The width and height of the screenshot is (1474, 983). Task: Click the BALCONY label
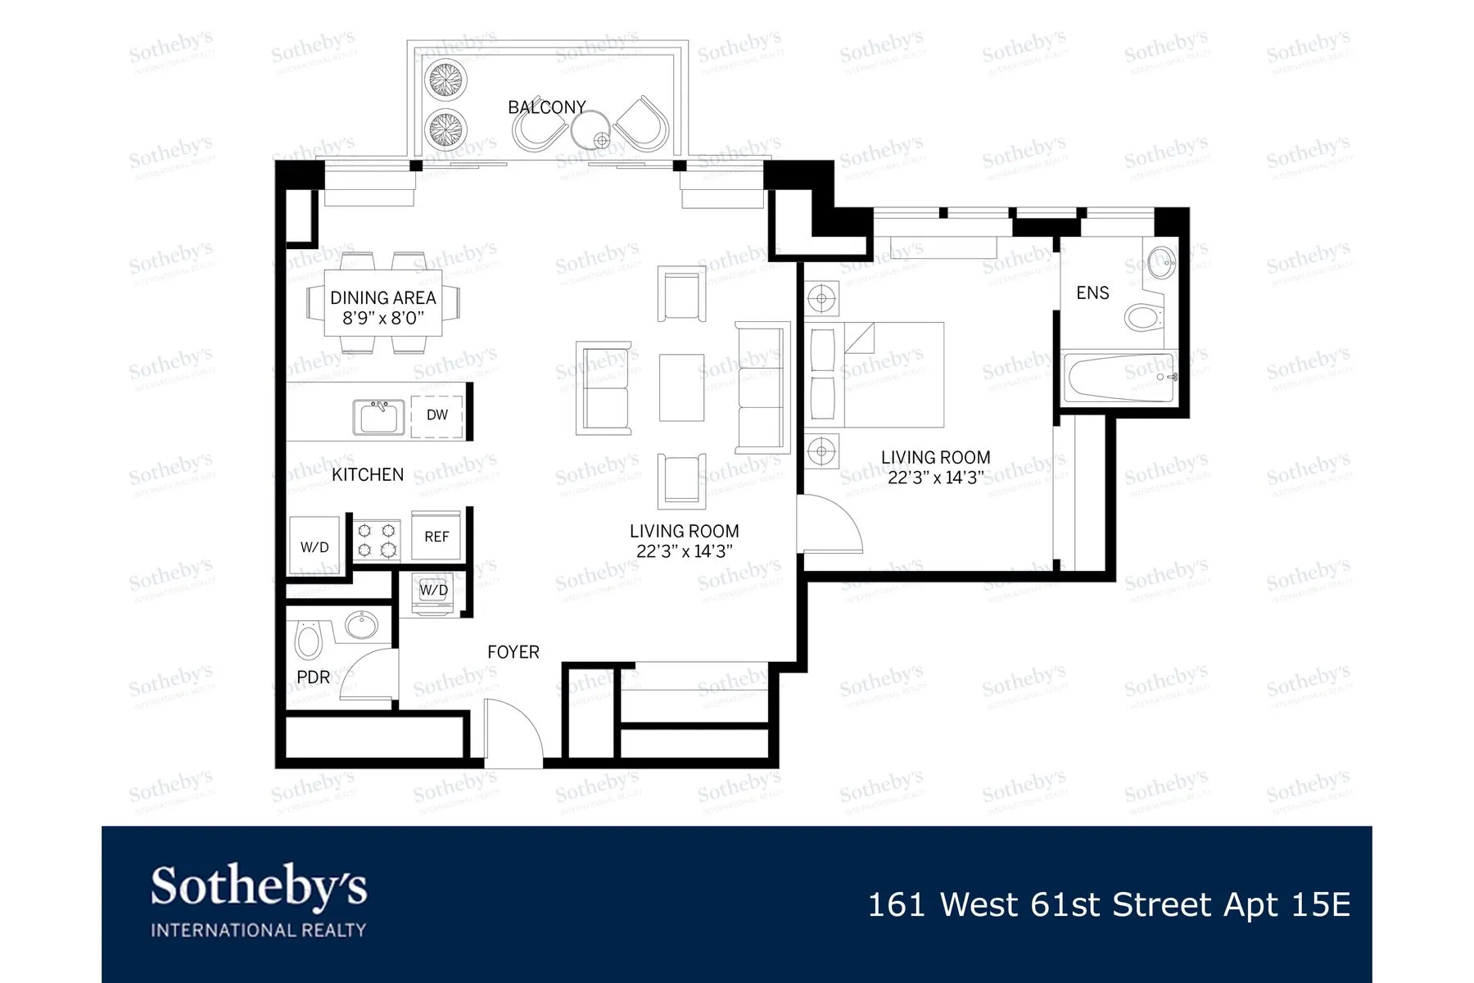[546, 107]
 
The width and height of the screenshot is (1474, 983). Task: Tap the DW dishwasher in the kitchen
[436, 415]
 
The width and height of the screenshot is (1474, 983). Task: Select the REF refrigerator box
[436, 537]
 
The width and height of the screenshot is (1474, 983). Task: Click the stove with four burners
[377, 541]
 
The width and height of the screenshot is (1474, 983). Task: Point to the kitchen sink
[379, 417]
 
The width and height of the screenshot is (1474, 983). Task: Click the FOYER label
[513, 652]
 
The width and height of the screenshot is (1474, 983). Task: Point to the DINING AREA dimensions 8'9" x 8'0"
[383, 318]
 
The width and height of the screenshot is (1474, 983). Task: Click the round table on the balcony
[590, 128]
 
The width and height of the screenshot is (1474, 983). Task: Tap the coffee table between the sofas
[681, 387]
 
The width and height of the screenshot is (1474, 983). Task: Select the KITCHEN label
[368, 474]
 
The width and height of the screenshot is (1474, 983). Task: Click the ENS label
[1092, 293]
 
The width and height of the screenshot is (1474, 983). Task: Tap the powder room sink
[361, 626]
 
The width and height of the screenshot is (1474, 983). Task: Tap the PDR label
[313, 677]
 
